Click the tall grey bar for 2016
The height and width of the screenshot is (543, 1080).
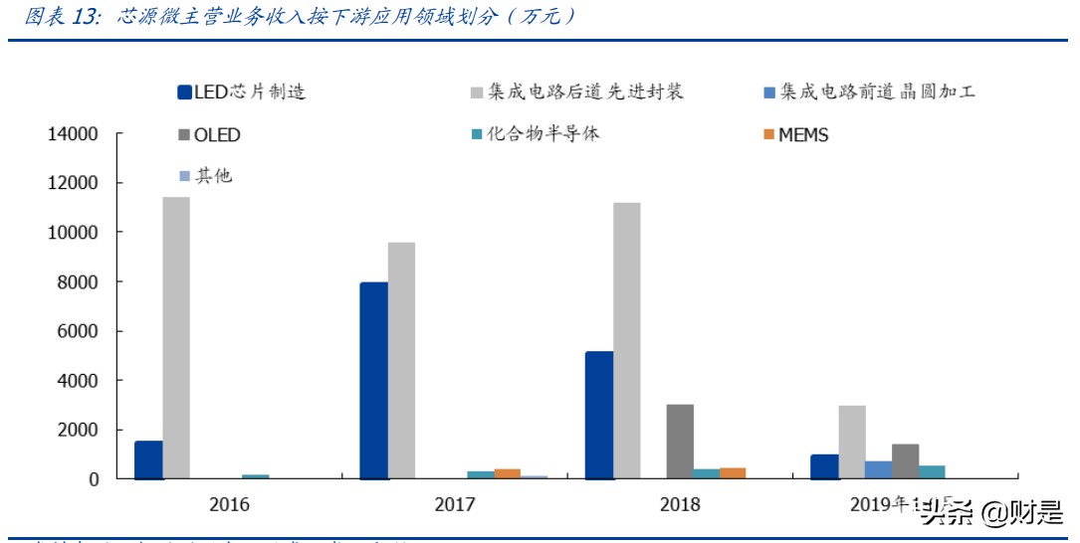click(176, 338)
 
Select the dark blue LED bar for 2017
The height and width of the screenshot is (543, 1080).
click(374, 381)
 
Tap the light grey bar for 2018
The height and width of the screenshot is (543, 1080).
click(626, 341)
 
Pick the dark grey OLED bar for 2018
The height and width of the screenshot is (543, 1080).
click(680, 442)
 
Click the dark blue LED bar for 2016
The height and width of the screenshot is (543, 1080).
click(148, 460)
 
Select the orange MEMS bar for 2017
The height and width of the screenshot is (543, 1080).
click(508, 473)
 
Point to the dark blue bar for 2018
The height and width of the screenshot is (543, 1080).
click(599, 416)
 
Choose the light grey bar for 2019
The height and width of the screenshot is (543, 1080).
click(852, 443)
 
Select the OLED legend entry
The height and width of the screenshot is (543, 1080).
click(208, 135)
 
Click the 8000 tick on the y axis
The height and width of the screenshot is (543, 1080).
click(79, 282)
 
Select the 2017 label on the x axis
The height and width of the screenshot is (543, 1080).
click(455, 505)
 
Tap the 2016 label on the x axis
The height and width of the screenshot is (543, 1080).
click(229, 505)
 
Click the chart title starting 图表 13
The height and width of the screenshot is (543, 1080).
click(299, 17)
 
